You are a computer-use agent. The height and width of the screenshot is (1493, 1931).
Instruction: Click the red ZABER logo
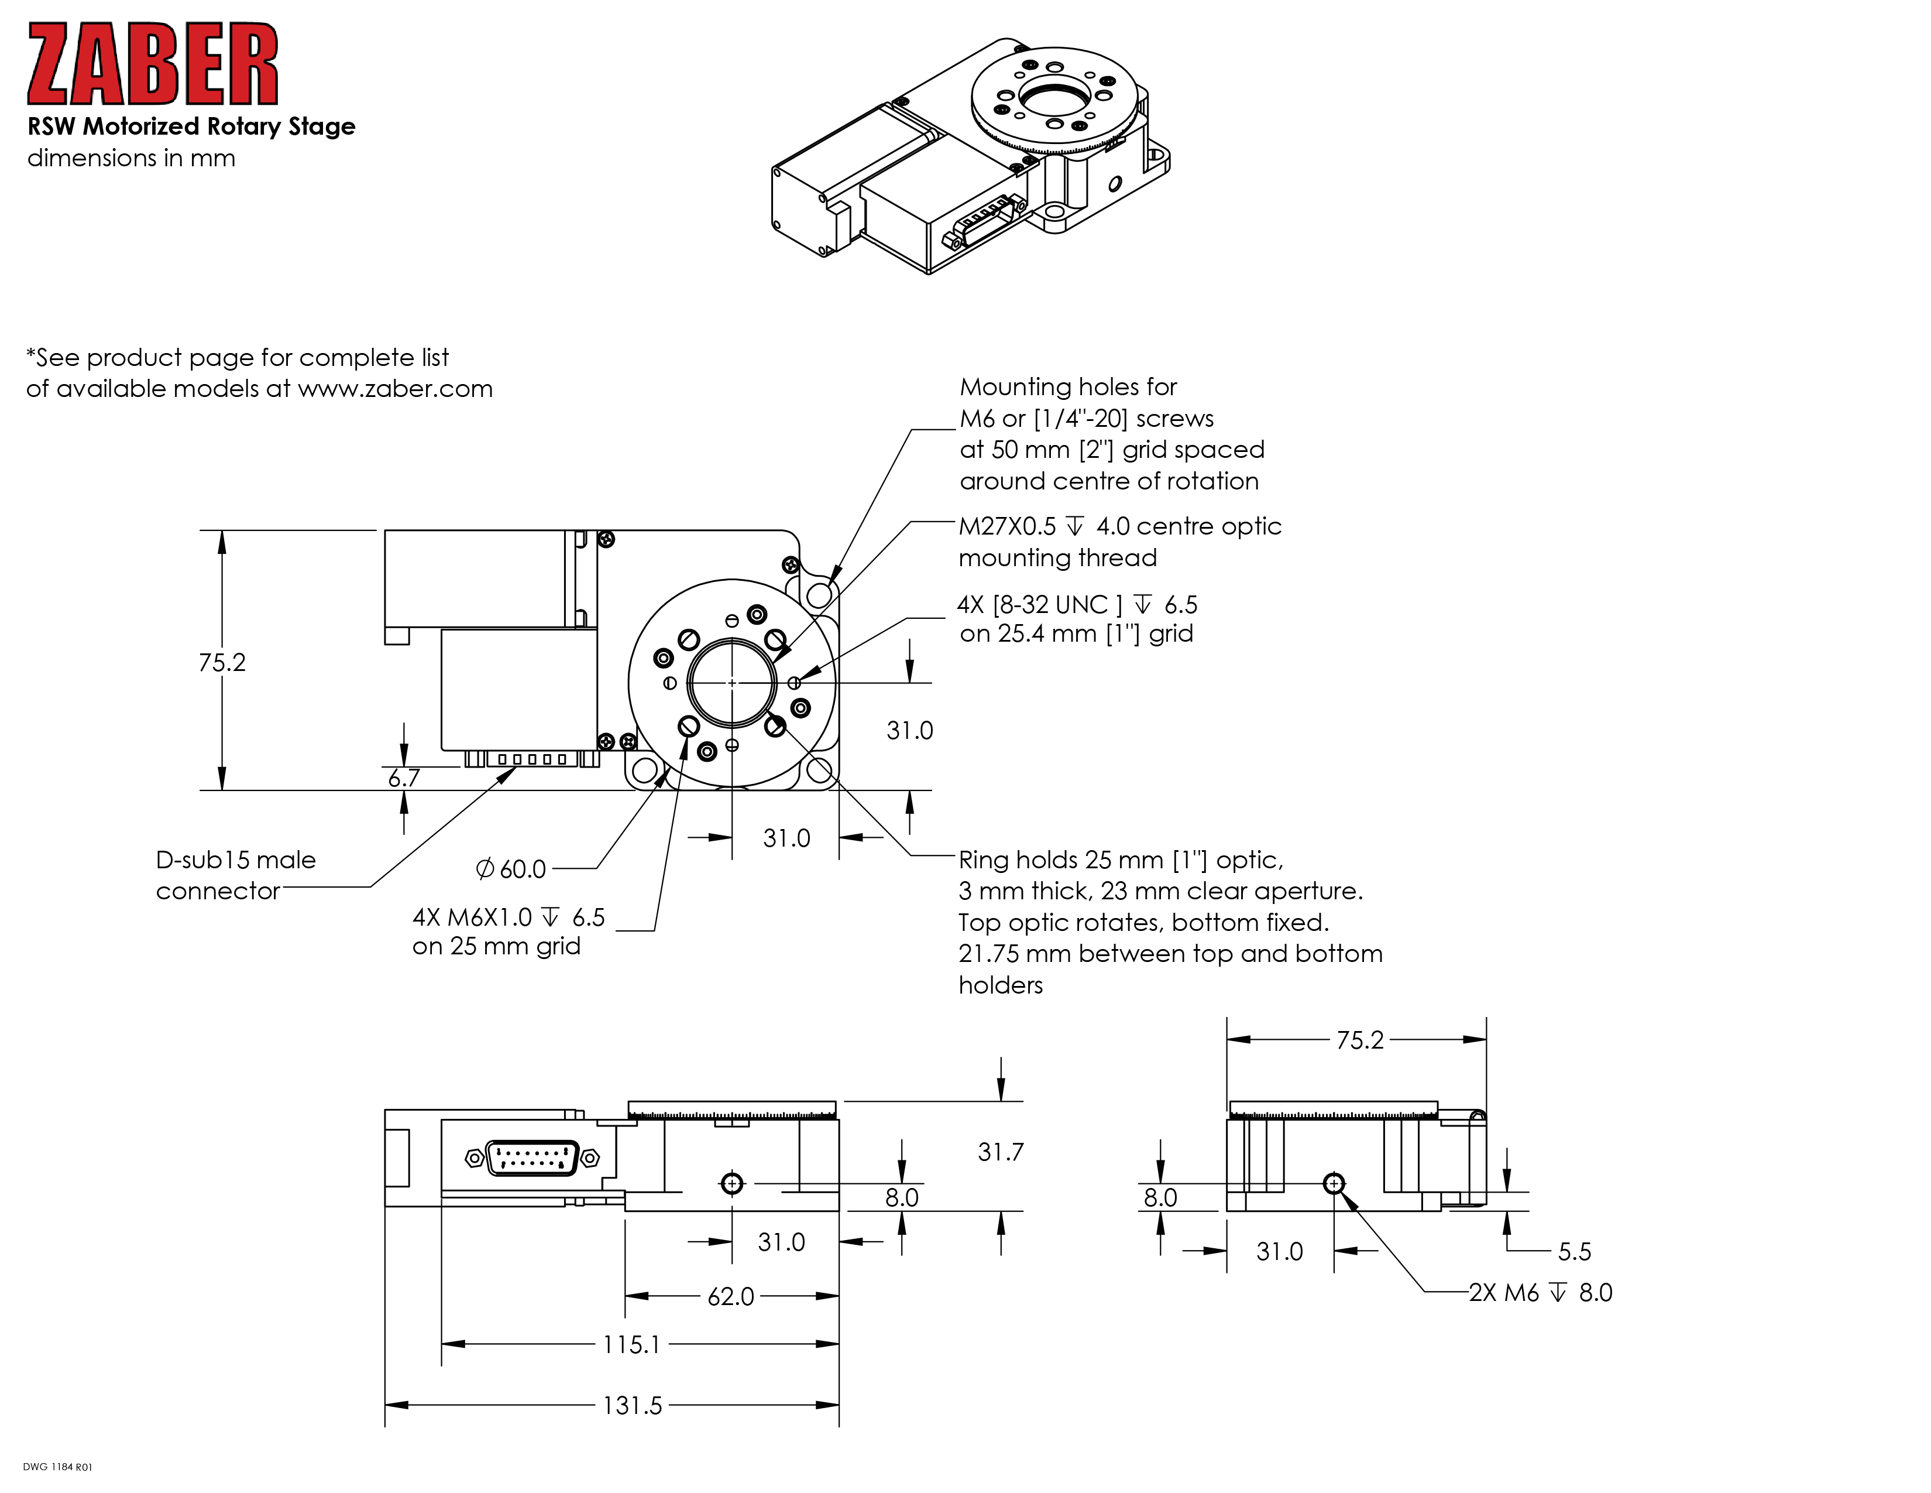pyautogui.click(x=152, y=64)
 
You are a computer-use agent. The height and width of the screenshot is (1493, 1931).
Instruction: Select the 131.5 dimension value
pyautogui.click(x=632, y=1405)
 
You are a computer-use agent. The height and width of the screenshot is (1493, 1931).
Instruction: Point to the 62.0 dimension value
pyautogui.click(x=730, y=1297)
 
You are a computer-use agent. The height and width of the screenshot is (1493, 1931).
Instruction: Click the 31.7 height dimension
pyautogui.click(x=1000, y=1152)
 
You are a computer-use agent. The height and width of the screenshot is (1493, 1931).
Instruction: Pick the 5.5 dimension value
pyautogui.click(x=1574, y=1252)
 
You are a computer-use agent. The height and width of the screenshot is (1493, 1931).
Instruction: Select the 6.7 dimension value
pyautogui.click(x=404, y=778)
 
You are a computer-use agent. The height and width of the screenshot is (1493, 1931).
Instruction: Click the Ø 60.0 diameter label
pyautogui.click(x=511, y=869)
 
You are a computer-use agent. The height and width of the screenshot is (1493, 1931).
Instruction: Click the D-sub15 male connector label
pyautogui.click(x=235, y=875)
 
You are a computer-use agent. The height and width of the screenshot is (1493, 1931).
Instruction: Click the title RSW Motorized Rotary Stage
pyautogui.click(x=191, y=126)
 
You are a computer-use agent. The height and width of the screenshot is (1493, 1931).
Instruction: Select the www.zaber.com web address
pyautogui.click(x=394, y=389)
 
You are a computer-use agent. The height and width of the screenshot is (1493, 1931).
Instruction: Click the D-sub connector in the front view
pyautogui.click(x=532, y=1158)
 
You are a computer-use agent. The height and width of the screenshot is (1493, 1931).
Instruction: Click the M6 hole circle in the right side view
pyautogui.click(x=1334, y=1183)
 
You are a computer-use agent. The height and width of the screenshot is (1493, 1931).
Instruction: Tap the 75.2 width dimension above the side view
pyautogui.click(x=1359, y=1040)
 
